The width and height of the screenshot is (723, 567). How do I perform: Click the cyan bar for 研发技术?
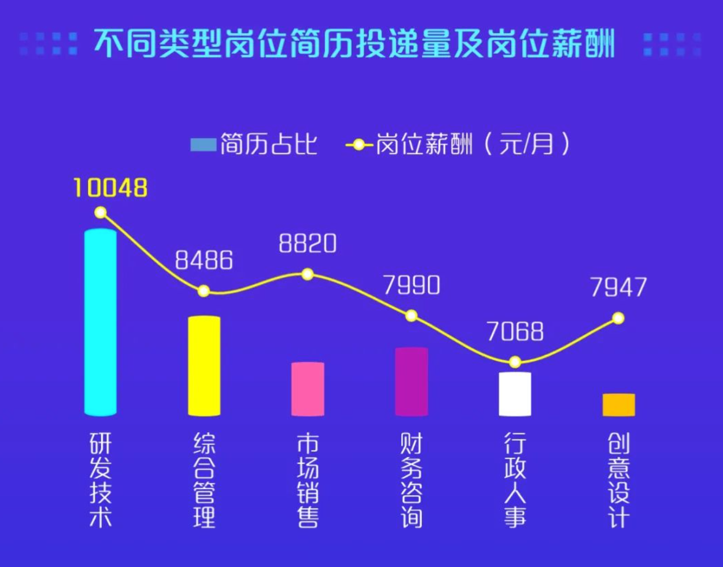point(101,322)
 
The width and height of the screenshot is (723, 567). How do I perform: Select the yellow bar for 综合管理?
point(204,366)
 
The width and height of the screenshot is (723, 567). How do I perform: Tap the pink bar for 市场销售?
point(308,389)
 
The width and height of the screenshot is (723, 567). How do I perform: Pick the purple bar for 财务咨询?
point(412,381)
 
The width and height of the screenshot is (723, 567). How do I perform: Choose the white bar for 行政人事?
point(515,393)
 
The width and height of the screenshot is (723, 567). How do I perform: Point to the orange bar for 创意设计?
point(618,404)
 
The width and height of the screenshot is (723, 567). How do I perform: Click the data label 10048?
point(111,188)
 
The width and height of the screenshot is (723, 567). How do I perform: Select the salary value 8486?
point(204,261)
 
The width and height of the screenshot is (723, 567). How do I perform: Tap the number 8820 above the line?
point(308,243)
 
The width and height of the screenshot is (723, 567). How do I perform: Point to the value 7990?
point(412,285)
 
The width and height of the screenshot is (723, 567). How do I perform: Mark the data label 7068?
point(515,331)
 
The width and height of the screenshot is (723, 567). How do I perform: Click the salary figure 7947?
point(618,287)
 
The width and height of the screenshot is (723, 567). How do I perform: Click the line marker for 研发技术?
point(101,213)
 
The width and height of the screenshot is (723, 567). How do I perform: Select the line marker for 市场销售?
point(308,274)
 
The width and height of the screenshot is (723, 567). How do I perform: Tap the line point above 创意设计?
point(618,318)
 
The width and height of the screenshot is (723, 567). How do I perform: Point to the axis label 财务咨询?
point(412,480)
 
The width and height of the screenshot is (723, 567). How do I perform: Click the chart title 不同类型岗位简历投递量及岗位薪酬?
point(354,44)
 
